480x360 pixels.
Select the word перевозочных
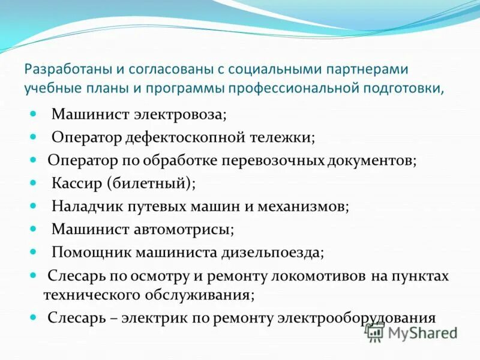[x=274, y=160]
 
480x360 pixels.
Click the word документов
[x=371, y=160]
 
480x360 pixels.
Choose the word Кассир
[x=76, y=183]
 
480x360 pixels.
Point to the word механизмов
[x=304, y=206]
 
